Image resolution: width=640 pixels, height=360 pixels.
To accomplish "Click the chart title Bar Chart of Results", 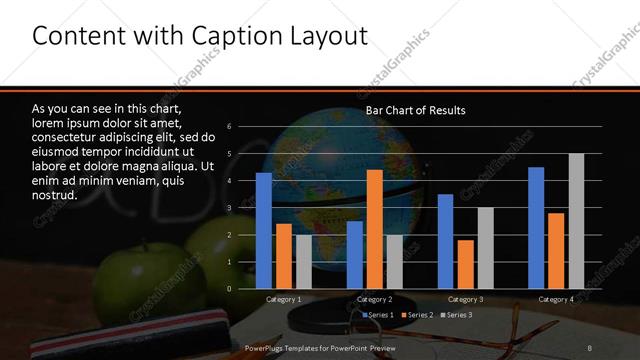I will point(415,110).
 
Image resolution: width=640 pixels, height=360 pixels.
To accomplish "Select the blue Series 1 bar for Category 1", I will point(264,231).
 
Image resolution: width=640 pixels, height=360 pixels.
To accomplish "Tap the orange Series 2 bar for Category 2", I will point(374,229).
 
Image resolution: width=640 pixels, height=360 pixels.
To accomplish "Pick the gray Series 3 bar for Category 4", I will point(576,221).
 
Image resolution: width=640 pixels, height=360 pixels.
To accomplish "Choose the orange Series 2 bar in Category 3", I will point(465,264).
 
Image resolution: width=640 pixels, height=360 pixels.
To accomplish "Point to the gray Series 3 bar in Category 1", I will point(303,262).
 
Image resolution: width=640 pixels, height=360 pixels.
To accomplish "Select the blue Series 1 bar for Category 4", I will point(536,228).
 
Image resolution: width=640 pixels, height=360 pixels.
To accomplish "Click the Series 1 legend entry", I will point(378,315).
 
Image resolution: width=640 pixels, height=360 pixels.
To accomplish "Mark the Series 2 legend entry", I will point(417,315).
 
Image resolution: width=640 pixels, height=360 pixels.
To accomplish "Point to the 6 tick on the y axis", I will point(230,127).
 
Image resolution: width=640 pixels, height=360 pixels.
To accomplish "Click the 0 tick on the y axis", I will point(230,289).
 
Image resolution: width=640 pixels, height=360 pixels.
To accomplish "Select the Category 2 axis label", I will point(374,299).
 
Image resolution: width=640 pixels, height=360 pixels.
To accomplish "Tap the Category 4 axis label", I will point(556,299).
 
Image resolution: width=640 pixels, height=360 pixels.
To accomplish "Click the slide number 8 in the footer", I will point(590,347).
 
